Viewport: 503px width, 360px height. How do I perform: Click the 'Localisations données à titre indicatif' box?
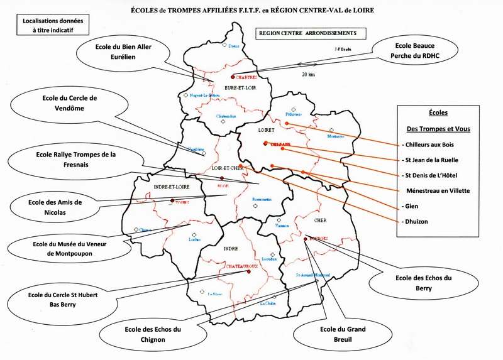pos(52,25)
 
